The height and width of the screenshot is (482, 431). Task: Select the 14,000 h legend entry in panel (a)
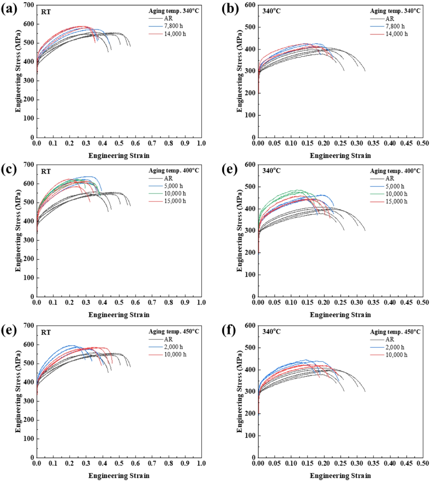pos(175,34)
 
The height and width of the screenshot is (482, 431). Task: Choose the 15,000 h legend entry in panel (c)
pos(175,201)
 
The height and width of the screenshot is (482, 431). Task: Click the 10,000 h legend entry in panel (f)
pos(396,355)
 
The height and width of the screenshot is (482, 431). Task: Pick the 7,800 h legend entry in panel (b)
pos(395,26)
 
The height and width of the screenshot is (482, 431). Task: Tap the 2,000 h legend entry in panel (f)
pos(395,347)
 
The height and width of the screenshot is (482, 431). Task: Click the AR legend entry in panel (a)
pos(168,18)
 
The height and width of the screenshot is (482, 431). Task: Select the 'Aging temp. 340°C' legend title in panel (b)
pos(395,11)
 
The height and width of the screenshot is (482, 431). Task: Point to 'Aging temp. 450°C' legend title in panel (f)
pos(395,332)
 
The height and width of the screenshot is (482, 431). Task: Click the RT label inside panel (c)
pos(46,172)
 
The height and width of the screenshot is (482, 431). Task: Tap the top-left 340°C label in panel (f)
pos(271,332)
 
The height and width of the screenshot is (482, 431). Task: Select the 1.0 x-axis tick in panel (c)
pos(201,303)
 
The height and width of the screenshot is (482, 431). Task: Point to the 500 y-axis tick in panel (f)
pos(250,348)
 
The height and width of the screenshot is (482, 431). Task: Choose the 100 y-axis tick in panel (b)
pos(250,115)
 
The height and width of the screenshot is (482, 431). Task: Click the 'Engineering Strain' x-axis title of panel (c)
pos(119,315)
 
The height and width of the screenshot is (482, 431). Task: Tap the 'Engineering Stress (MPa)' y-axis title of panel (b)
pos(240,71)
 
